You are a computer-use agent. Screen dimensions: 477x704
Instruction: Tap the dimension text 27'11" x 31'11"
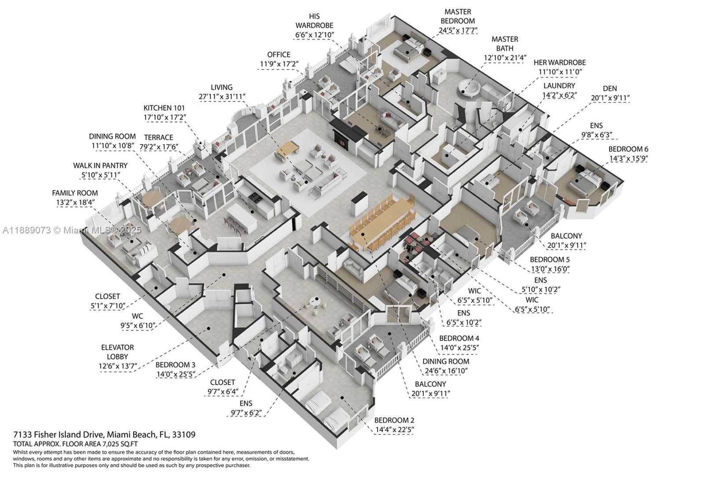pyautogui.click(x=222, y=97)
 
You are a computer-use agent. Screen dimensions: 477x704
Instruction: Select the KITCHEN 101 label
pyautogui.click(x=164, y=108)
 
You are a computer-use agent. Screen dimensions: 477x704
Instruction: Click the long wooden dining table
pyautogui.click(x=381, y=222)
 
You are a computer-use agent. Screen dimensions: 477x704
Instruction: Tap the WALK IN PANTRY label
pyautogui.click(x=100, y=166)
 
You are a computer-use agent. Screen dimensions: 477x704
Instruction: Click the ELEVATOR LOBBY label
pyautogui.click(x=117, y=352)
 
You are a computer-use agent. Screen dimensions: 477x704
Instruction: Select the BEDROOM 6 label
pyautogui.click(x=628, y=149)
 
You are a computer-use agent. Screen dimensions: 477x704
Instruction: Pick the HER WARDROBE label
pyautogui.click(x=559, y=62)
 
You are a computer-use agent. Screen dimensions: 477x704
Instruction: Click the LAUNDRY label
pyautogui.click(x=559, y=86)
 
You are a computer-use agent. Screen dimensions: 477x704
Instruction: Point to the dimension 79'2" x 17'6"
pyautogui.click(x=159, y=147)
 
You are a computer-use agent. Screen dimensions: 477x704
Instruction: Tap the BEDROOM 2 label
pyautogui.click(x=394, y=420)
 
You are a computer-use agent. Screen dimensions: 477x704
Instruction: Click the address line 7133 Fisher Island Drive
pyautogui.click(x=104, y=435)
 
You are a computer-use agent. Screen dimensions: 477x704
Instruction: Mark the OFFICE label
pyautogui.click(x=279, y=55)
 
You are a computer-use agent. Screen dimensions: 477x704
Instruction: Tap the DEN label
pyautogui.click(x=610, y=88)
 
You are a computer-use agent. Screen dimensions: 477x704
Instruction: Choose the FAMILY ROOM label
pyautogui.click(x=75, y=193)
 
